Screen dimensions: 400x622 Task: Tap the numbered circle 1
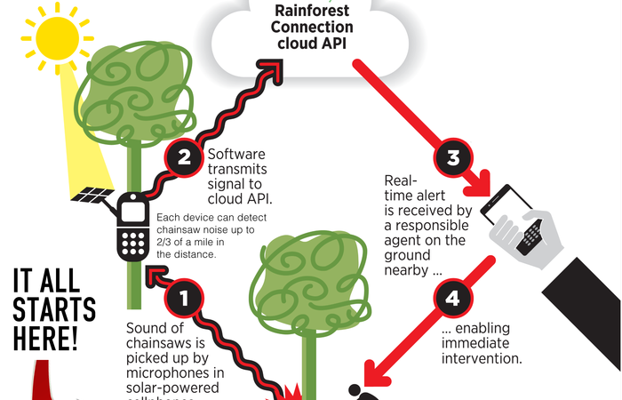point(184,298)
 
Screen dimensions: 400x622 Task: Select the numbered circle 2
point(184,158)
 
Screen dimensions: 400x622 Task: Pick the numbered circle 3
point(452,159)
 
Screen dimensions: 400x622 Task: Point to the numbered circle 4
point(452,299)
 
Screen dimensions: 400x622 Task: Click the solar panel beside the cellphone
point(92,194)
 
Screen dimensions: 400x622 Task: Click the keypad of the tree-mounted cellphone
point(133,243)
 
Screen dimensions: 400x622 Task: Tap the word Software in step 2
point(235,154)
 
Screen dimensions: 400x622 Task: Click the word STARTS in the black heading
point(54,310)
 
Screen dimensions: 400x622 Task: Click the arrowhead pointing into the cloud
point(268,70)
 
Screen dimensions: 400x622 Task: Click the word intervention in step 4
point(481,359)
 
